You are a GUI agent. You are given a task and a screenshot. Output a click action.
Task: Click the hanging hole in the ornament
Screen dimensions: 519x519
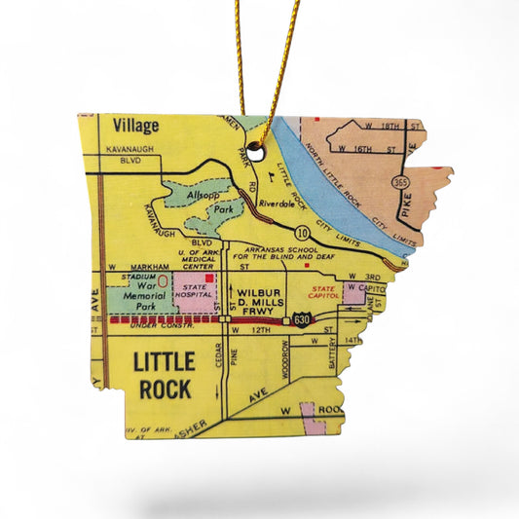tap(255, 152)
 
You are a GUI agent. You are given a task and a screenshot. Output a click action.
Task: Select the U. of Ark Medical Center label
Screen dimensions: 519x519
tap(195, 258)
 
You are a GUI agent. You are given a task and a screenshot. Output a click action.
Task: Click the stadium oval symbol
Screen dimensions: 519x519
tap(163, 280)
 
